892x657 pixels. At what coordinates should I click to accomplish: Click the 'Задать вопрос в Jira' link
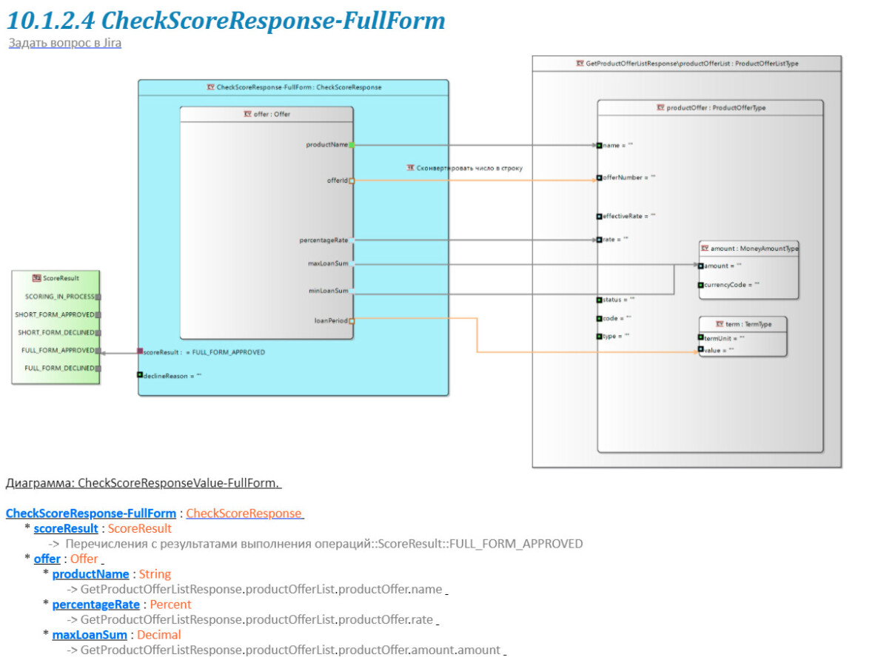(65, 43)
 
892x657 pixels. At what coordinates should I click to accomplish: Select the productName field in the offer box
(327, 145)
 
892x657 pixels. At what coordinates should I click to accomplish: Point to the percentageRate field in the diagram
(323, 240)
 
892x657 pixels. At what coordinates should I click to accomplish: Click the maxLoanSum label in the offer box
(328, 263)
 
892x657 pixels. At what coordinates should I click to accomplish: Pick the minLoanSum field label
(329, 291)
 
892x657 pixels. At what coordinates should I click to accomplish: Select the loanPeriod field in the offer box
(331, 320)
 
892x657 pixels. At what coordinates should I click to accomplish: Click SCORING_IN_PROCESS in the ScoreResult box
(60, 297)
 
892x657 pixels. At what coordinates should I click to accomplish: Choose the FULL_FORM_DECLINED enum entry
(60, 368)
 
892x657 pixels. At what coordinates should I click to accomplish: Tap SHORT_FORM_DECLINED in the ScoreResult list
(56, 332)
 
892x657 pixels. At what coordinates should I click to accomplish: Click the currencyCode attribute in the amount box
(733, 284)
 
